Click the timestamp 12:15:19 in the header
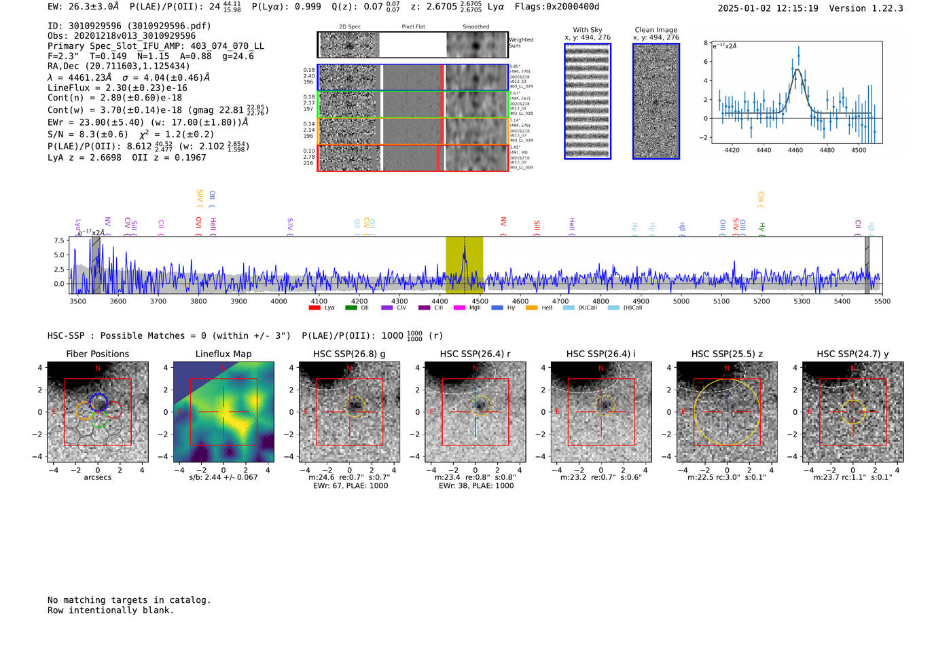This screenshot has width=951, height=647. coord(795,8)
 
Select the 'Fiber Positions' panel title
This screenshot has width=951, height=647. coord(97,354)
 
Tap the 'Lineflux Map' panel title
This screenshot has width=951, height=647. coord(223,354)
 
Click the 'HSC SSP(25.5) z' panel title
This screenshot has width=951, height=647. coord(727,354)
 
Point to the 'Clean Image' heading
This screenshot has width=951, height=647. coord(656,30)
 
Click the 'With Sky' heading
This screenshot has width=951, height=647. coord(587,30)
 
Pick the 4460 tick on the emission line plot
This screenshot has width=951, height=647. coord(795,150)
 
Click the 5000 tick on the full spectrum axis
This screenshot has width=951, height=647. coord(681,301)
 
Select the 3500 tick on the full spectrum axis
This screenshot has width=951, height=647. coord(77,301)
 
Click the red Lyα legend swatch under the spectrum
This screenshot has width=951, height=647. coord(314,308)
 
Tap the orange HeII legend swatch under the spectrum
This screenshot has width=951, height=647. coord(531,308)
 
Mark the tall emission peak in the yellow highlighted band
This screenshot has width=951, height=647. coord(465,253)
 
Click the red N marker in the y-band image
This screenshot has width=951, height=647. coord(853,368)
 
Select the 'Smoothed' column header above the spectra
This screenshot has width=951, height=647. coord(475,27)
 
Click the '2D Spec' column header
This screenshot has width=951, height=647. coord(349,27)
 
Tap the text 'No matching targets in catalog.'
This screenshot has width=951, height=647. coord(129,600)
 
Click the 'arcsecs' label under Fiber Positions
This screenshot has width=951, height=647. coord(97,477)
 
